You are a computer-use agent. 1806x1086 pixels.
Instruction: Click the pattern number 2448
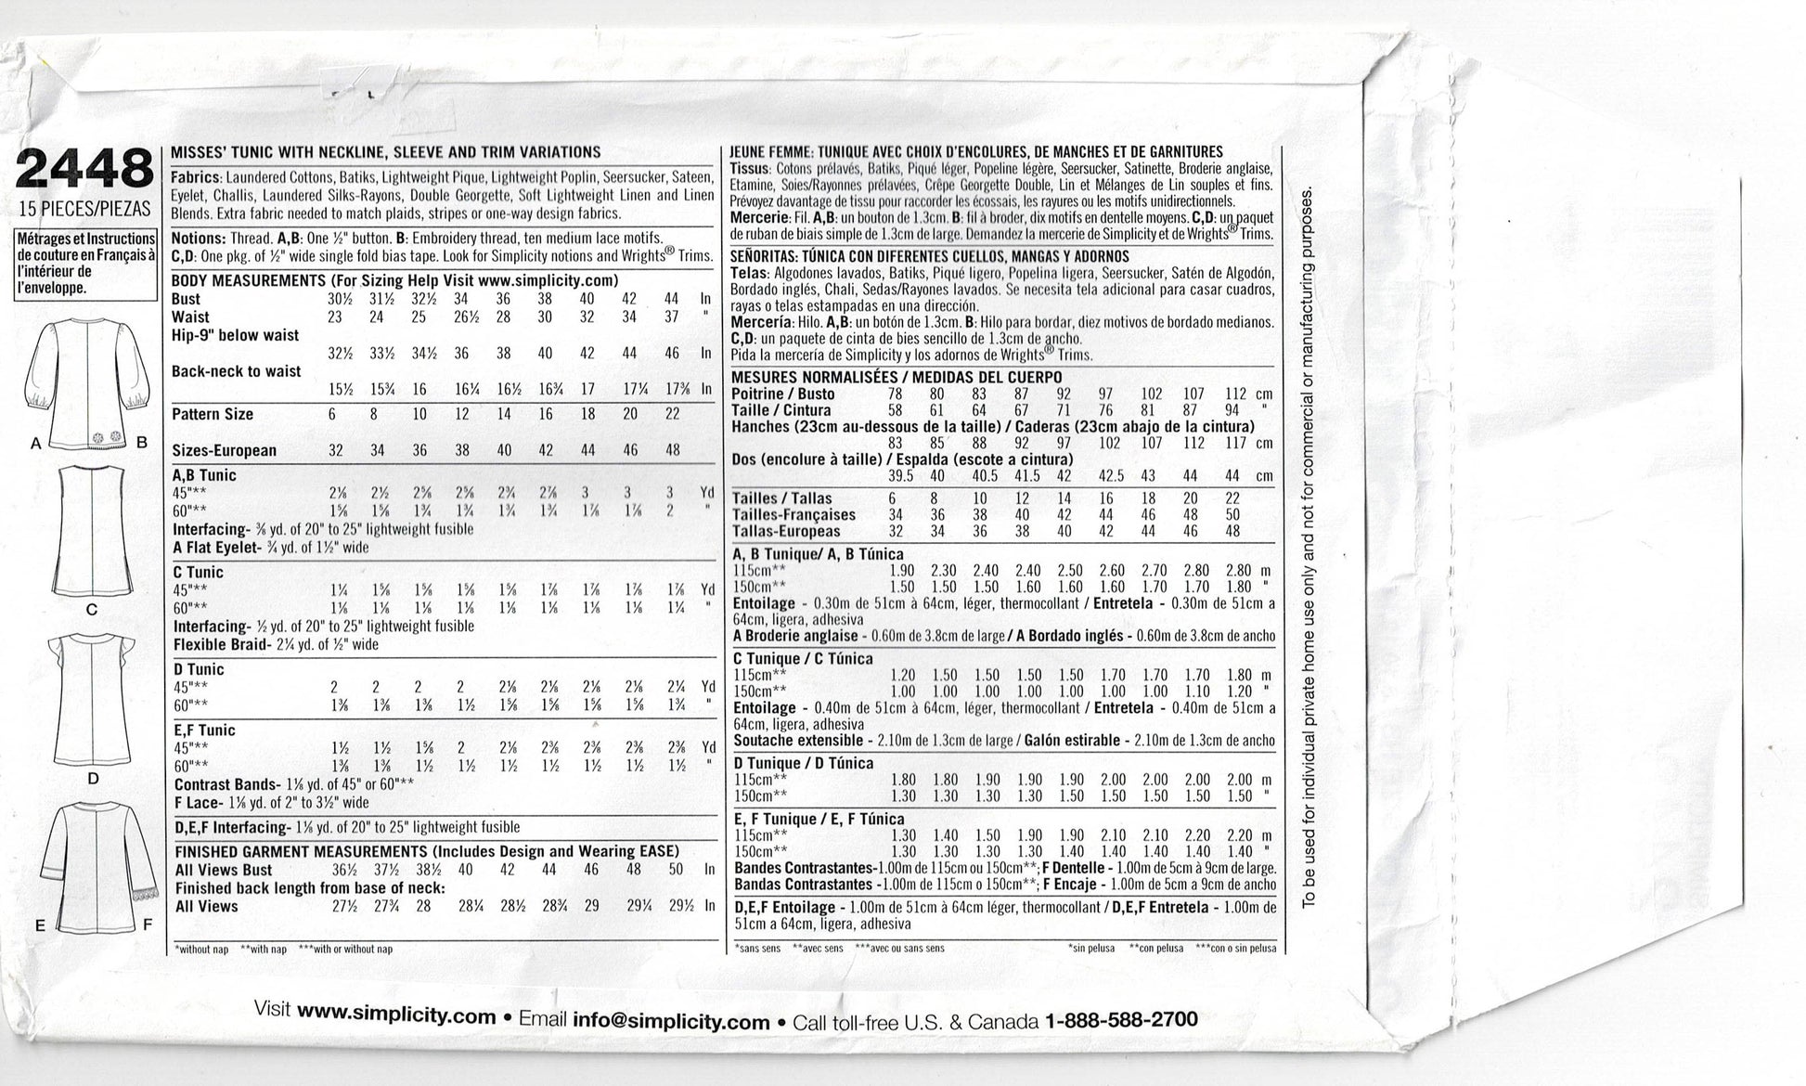(84, 170)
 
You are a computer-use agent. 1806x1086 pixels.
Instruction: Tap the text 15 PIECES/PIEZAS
(84, 209)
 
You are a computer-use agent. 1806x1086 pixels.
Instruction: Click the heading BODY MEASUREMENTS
(246, 280)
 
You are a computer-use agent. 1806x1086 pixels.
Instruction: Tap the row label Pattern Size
(213, 414)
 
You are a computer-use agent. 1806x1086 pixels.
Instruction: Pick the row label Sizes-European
(225, 450)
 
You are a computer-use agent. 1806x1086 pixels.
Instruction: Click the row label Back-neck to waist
(236, 371)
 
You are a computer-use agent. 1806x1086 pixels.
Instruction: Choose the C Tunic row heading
(198, 572)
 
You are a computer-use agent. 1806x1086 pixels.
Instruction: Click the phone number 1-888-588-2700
(1121, 1020)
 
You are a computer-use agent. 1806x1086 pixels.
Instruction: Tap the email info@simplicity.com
(671, 1021)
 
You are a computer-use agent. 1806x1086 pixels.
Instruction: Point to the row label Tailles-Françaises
(793, 515)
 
